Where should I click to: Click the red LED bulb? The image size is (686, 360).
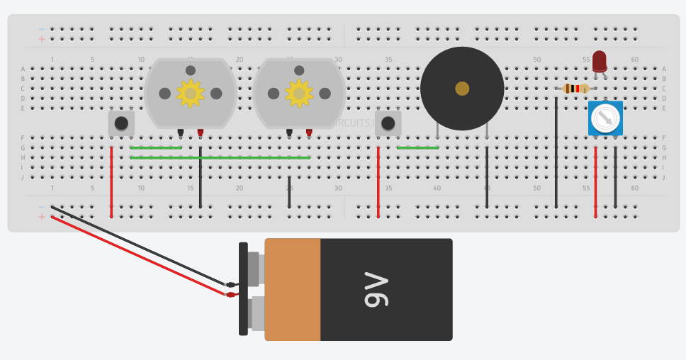600,61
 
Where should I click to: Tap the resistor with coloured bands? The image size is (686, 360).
576,89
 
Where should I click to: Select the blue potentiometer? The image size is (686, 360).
605,118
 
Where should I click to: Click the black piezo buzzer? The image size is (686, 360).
461,106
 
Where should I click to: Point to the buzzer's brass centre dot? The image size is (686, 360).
462,89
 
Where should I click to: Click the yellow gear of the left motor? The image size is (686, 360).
190,93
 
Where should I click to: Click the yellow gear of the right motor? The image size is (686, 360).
299,93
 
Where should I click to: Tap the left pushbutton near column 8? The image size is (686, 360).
121,123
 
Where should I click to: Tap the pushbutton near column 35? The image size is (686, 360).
388,123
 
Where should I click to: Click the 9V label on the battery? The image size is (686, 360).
377,289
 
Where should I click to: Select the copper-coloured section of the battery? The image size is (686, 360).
292,289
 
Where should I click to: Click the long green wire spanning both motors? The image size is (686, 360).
220,157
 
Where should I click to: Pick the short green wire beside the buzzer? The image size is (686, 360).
417,147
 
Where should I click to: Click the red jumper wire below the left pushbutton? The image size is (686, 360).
111,181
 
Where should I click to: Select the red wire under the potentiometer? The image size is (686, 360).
595,181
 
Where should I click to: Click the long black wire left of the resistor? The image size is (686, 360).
556,152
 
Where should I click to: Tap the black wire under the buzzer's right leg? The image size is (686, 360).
487,177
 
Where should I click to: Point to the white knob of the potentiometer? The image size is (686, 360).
605,118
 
